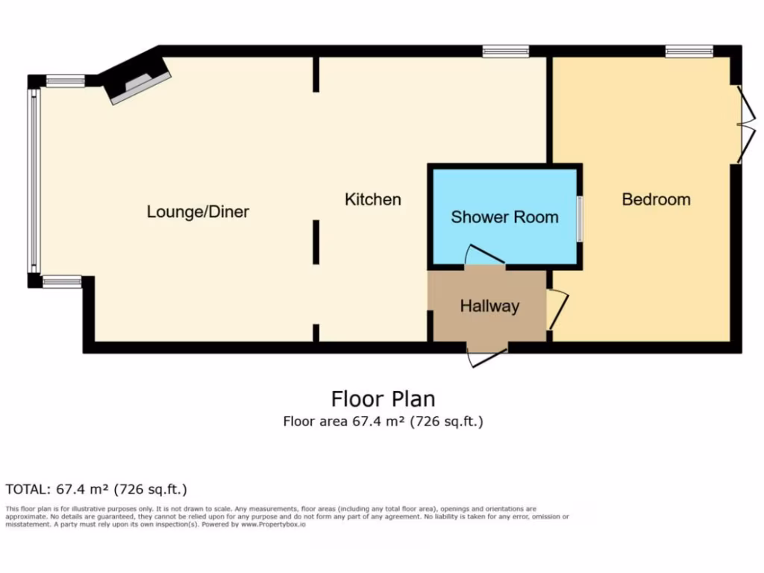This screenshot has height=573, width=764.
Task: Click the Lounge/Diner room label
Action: coord(198,212)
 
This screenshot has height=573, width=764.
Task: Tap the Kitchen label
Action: coord(372,199)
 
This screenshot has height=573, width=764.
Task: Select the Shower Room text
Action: coord(504,217)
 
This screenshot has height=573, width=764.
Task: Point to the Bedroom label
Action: coord(656,199)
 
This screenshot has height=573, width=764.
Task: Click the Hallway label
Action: coord(489,306)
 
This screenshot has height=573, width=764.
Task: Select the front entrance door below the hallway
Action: coord(486,357)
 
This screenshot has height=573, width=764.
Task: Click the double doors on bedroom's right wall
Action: coord(741,124)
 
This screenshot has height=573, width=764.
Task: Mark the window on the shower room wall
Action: coord(580,218)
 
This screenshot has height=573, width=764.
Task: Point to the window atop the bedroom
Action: coord(689,51)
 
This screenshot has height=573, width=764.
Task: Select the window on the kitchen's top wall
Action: coord(505,51)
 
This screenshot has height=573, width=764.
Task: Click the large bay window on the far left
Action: coord(32,181)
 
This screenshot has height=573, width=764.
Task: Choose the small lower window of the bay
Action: coord(61,281)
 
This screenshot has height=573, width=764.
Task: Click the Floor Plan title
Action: coord(383,398)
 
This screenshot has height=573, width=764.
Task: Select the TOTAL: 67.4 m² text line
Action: coord(96,489)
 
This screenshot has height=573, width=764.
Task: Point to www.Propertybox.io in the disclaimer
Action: coord(272,525)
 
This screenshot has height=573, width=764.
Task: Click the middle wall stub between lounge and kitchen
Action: coord(316,242)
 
